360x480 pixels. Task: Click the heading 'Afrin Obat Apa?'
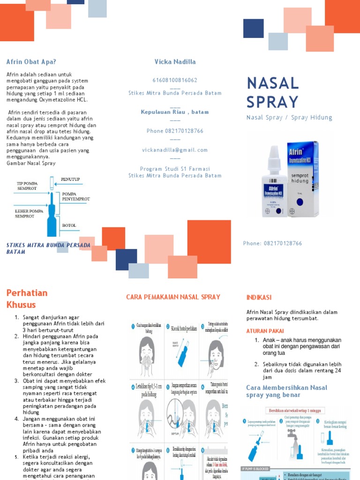coord(31,62)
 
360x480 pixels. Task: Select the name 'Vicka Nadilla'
coord(175,62)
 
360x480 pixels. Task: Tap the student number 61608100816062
coord(175,80)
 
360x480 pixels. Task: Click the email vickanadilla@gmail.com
coord(175,150)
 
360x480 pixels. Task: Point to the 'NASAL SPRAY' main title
coord(273,92)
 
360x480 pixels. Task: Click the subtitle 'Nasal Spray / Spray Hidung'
coord(289,118)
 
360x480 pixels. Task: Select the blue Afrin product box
coord(303,178)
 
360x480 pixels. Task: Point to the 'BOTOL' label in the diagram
coord(69,225)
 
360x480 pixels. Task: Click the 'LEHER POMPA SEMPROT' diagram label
coord(29,214)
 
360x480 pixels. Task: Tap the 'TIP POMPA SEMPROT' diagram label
coord(27,186)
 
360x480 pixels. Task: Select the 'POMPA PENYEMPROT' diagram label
coord(75,196)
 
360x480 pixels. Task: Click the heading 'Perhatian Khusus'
coord(27,299)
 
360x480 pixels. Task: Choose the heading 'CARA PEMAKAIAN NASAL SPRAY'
coord(173,297)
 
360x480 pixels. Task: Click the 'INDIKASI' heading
coord(259,298)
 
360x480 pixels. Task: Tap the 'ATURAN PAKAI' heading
coord(266,331)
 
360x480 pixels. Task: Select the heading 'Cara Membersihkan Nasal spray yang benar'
coord(286,391)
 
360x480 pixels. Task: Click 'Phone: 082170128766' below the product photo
coord(272,243)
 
